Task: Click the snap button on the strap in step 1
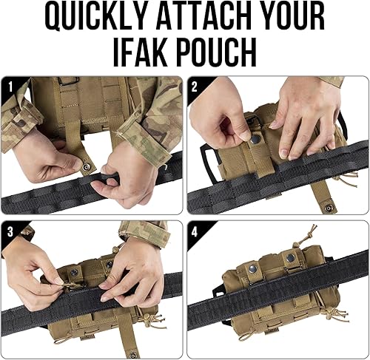[x=87, y=167]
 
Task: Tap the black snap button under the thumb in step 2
[x=255, y=140]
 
